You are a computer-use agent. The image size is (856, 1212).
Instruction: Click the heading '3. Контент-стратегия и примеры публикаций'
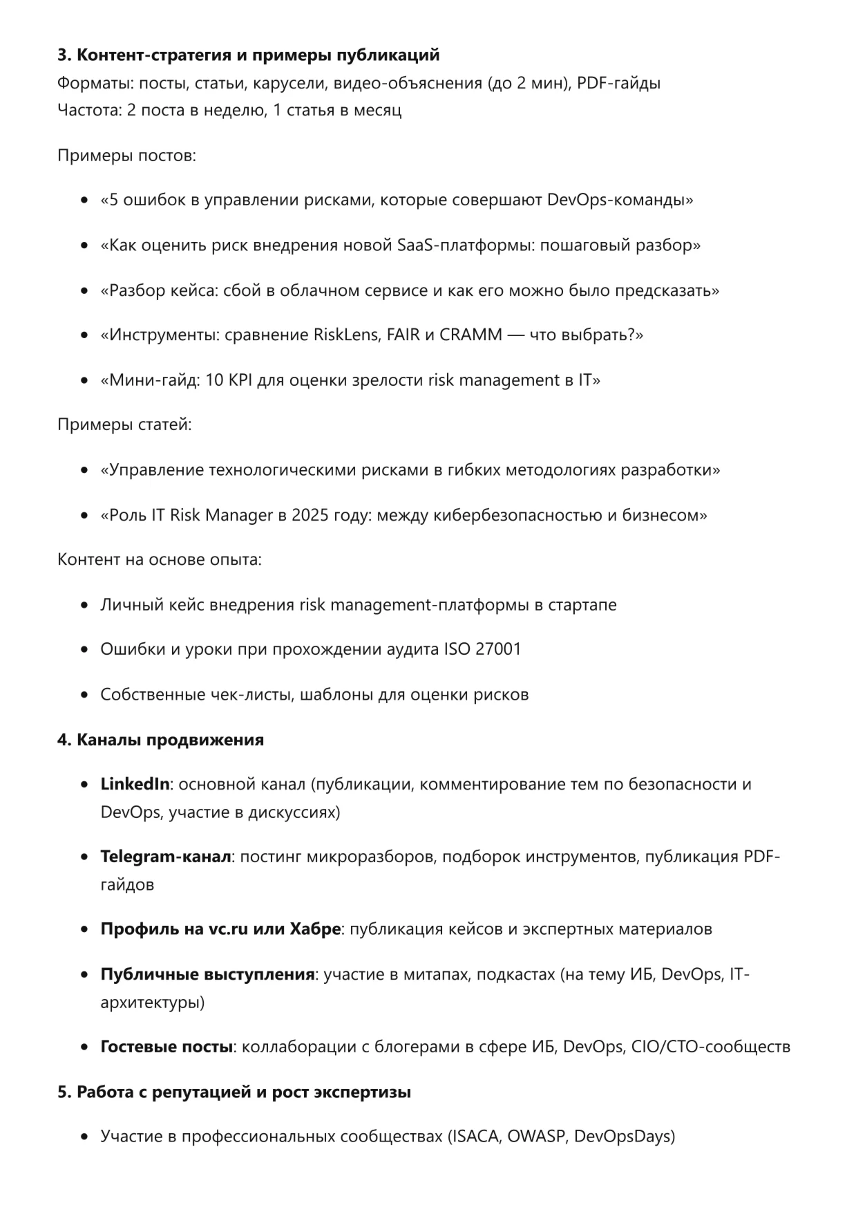248,55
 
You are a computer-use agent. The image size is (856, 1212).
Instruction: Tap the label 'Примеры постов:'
126,156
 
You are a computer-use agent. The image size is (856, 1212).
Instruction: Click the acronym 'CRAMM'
470,335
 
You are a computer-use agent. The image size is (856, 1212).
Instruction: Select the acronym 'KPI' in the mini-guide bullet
238,380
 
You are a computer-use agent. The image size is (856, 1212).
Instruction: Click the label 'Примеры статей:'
124,425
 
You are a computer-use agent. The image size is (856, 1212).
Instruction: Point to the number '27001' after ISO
498,649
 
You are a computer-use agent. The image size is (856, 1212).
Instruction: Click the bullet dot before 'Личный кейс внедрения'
84,606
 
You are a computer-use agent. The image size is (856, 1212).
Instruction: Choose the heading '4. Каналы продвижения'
160,740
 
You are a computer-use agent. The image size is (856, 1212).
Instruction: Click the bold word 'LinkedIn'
135,784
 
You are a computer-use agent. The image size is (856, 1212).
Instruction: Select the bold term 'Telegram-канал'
166,857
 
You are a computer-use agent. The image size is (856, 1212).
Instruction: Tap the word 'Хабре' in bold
316,929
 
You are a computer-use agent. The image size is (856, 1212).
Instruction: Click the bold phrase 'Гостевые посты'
166,1047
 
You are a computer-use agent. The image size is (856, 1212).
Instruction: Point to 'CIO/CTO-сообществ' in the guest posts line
711,1047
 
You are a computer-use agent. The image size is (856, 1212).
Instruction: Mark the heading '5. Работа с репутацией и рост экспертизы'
234,1092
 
